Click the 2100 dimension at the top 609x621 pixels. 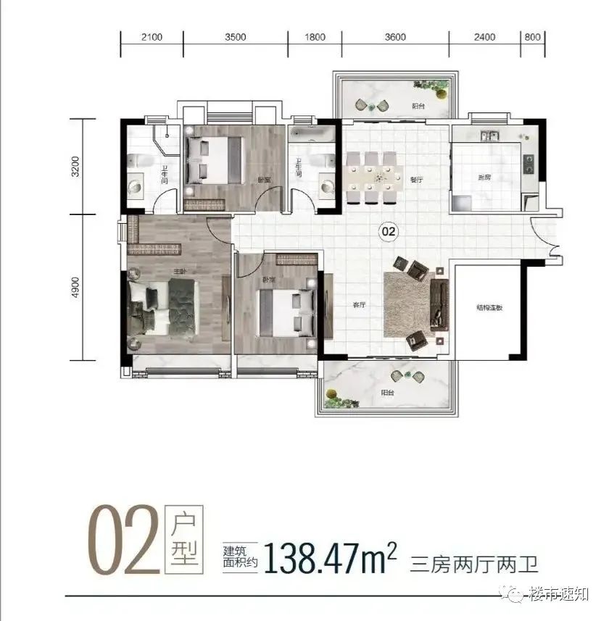(x=152, y=37)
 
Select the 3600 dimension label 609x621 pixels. (x=396, y=37)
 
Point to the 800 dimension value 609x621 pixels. (x=531, y=37)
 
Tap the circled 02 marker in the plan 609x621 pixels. (x=389, y=232)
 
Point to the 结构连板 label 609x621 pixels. (x=489, y=308)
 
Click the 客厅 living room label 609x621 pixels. (x=358, y=306)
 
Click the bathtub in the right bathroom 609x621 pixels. (x=312, y=135)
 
